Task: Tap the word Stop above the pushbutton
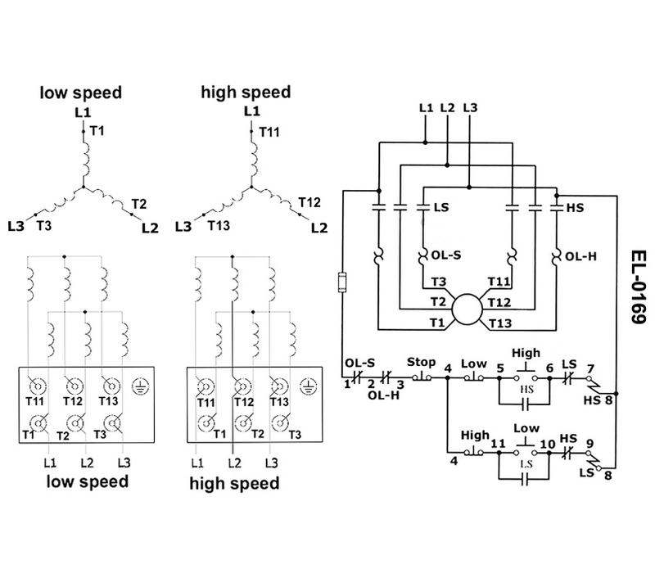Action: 421,363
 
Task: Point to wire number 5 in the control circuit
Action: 499,368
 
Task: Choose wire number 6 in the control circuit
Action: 550,368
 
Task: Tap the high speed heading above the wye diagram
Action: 245,93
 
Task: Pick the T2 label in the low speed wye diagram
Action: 138,203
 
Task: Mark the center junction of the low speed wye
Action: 83,189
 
